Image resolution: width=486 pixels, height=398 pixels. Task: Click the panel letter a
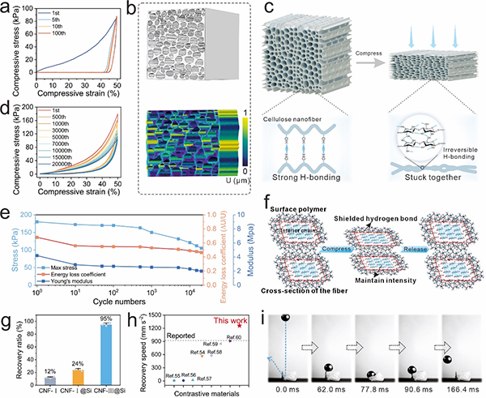tap(7, 8)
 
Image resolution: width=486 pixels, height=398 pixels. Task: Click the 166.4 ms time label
tap(457, 391)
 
